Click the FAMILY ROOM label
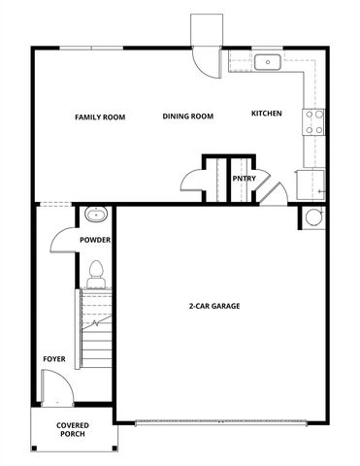coord(101,116)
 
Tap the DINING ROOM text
coord(188,116)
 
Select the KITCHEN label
coord(267,114)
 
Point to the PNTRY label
coord(243,179)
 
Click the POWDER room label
coord(95,240)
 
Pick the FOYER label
coord(54,359)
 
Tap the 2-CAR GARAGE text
coord(214,306)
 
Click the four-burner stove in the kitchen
coord(315,120)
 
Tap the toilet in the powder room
coord(96,273)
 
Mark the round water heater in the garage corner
coord(312,217)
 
